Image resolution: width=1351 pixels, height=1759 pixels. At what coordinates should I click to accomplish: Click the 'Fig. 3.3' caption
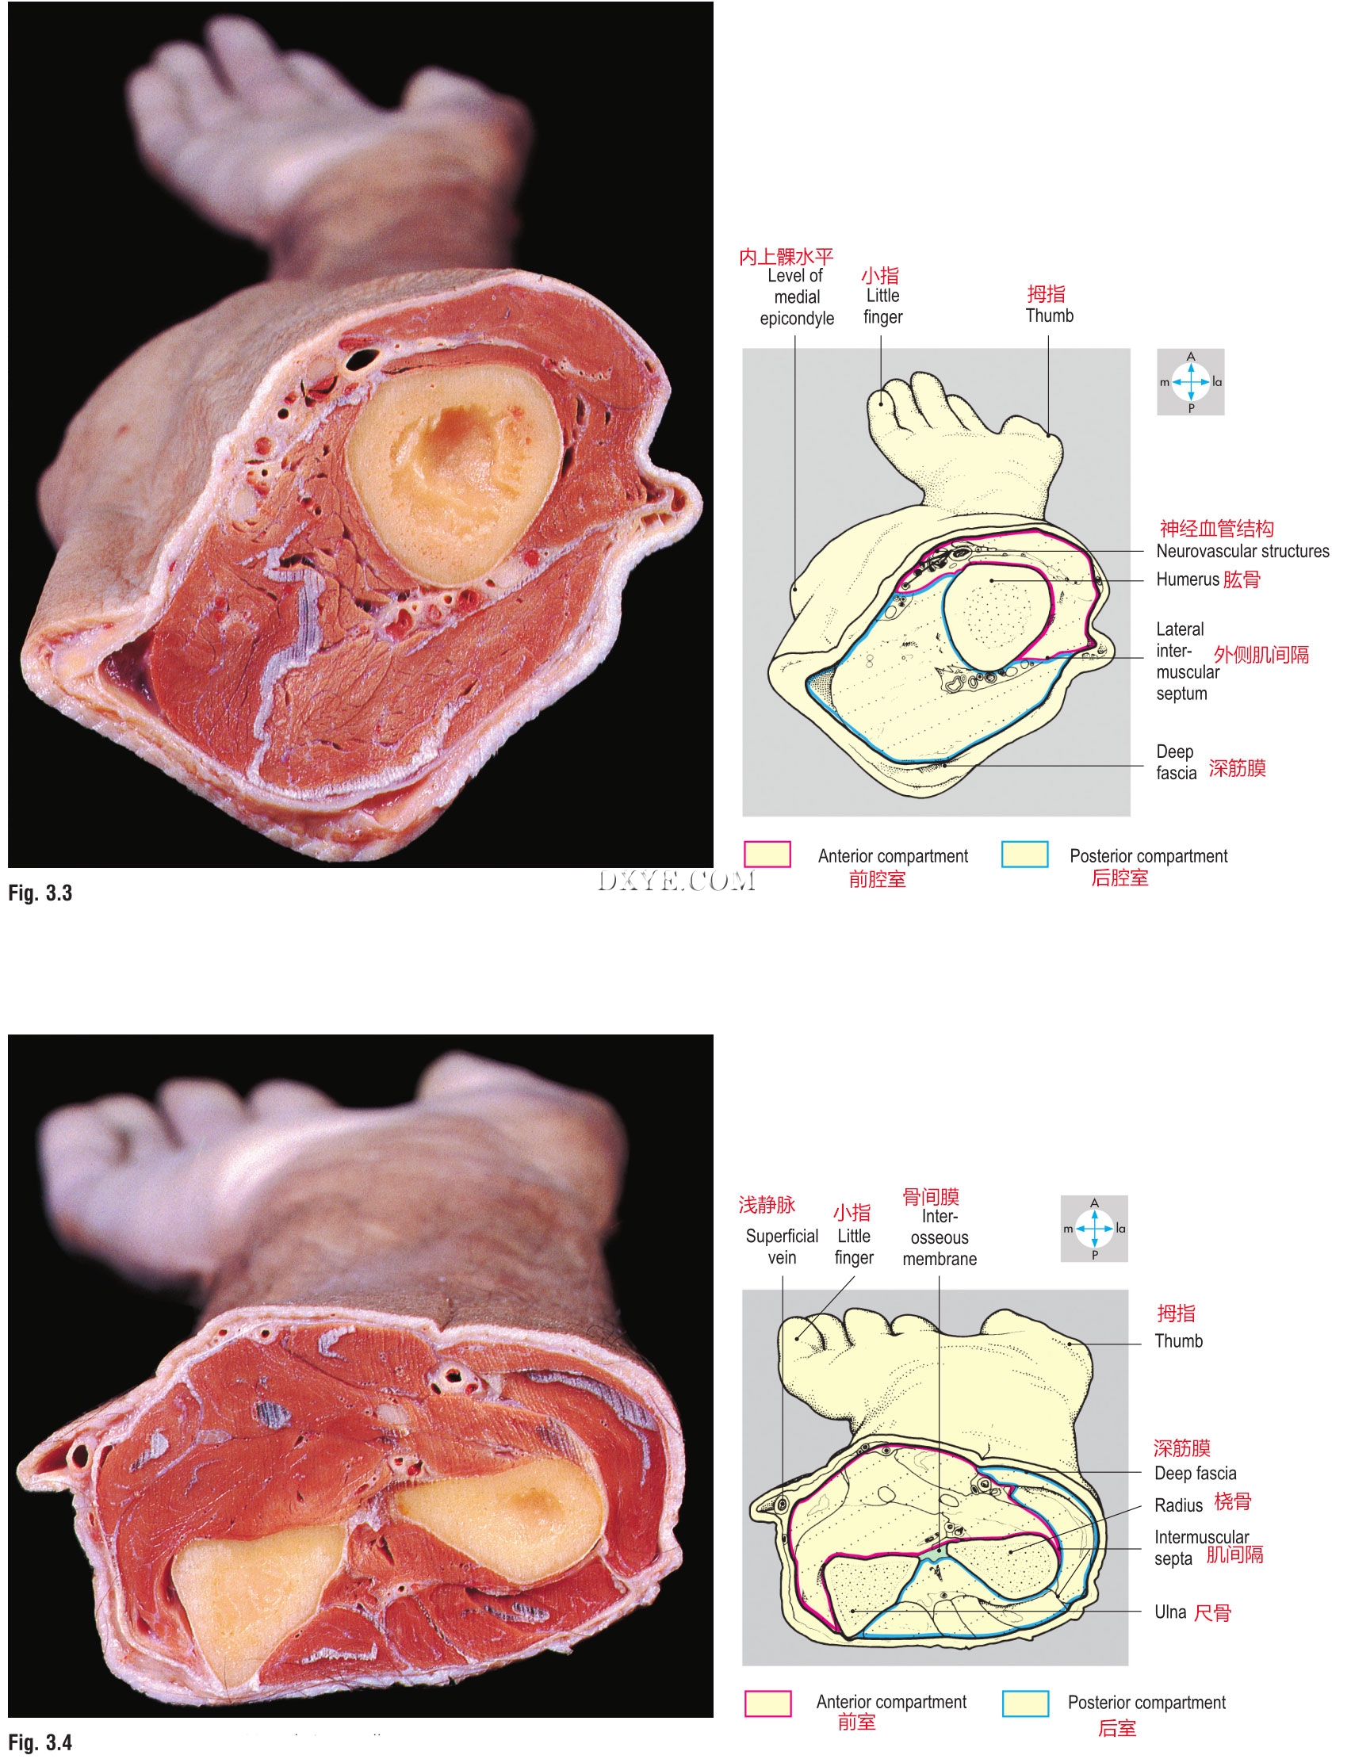click(x=40, y=893)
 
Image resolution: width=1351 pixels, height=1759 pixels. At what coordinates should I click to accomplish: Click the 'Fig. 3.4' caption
click(x=40, y=1742)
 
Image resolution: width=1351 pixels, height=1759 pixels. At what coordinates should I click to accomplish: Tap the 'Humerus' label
click(x=1187, y=579)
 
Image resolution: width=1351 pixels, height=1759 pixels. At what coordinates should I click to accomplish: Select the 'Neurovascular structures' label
click(x=1242, y=551)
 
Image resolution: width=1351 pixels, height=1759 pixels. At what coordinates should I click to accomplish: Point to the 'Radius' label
click(x=1178, y=1505)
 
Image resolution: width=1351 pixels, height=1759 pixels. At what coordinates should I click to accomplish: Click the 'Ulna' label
click(x=1170, y=1612)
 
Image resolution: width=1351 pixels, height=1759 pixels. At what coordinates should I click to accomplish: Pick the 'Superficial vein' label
click(x=782, y=1246)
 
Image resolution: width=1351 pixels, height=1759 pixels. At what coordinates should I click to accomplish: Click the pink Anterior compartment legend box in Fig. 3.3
click(x=767, y=854)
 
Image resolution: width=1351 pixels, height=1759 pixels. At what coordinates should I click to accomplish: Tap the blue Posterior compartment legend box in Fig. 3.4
click(x=1025, y=1703)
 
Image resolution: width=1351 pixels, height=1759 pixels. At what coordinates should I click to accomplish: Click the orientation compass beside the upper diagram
click(x=1190, y=382)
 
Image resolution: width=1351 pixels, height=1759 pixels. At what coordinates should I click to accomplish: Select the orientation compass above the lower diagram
click(x=1093, y=1229)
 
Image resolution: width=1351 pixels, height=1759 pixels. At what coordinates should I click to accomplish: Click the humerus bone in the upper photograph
click(x=454, y=474)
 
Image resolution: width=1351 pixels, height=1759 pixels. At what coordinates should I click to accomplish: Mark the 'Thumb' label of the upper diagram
click(x=1050, y=315)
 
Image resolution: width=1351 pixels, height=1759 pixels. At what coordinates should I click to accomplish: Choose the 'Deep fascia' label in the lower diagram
click(x=1195, y=1473)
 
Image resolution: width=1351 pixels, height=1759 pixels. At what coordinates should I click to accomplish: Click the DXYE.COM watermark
click(x=675, y=881)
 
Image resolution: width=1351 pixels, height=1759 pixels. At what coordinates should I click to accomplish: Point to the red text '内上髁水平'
click(x=786, y=257)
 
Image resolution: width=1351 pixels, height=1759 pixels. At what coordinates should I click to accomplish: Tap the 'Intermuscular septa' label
click(x=1200, y=1547)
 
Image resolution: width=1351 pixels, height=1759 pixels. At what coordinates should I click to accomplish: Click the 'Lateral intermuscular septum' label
click(x=1186, y=661)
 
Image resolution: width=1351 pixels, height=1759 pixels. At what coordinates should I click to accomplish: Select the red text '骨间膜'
click(x=931, y=1196)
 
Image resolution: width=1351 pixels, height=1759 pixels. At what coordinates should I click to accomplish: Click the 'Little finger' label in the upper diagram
click(x=882, y=306)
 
